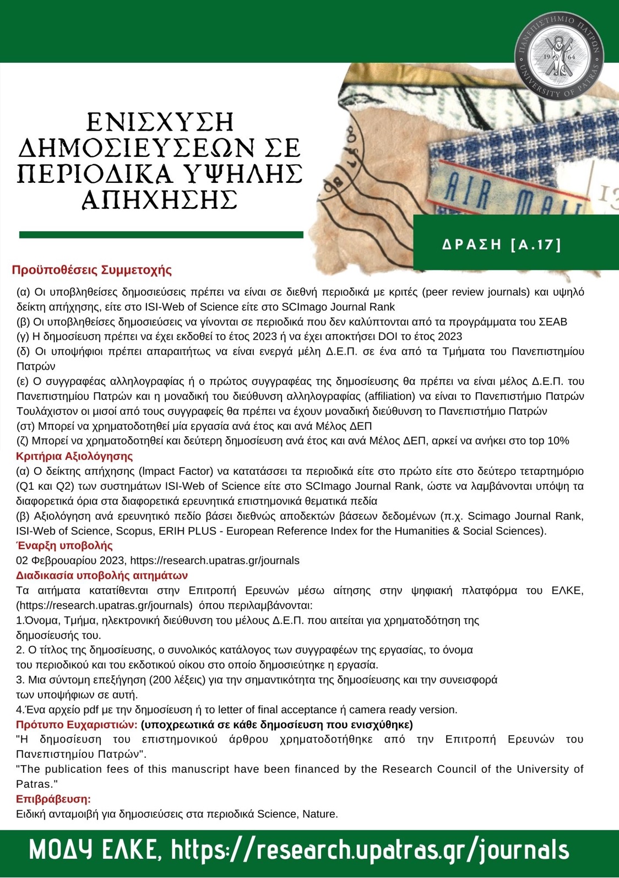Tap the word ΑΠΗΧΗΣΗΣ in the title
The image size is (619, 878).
160,199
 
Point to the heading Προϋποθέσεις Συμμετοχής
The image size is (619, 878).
92,270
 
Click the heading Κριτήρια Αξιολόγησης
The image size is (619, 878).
74,456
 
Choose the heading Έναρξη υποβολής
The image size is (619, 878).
64,545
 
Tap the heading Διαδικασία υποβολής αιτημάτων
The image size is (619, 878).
102,576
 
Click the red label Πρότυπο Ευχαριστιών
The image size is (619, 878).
77,724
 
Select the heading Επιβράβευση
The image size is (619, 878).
53,799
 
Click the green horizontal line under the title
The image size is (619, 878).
161,235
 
